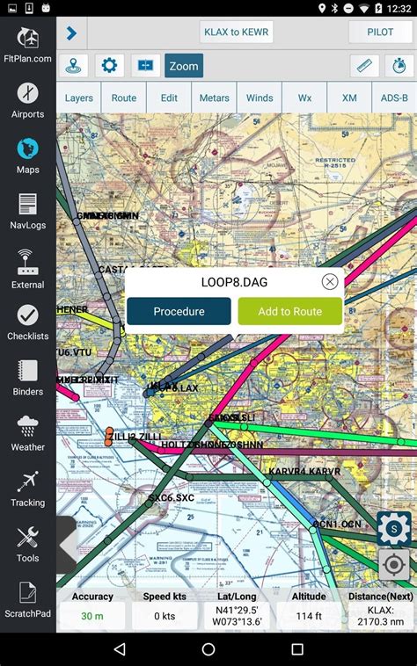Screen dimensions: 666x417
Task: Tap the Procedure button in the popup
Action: [x=179, y=311]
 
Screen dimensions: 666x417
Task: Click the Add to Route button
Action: [x=290, y=311]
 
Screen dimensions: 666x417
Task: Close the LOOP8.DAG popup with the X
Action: [x=330, y=282]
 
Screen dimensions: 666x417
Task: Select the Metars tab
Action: [x=214, y=98]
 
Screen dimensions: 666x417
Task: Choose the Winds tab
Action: [x=260, y=98]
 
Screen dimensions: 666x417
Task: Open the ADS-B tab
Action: [x=394, y=98]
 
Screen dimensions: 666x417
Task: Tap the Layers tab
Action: [x=79, y=98]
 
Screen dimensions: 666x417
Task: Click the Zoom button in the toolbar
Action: [x=184, y=66]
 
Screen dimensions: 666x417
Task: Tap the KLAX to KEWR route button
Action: [x=237, y=33]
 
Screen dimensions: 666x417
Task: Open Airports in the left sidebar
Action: [x=27, y=101]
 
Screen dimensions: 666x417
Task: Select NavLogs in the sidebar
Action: [x=27, y=212]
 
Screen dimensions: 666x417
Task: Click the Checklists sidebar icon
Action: [x=27, y=322]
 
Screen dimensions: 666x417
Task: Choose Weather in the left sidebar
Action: [x=27, y=433]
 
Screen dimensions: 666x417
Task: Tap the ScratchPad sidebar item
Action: [x=27, y=599]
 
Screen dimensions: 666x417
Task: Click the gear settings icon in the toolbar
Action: [x=109, y=66]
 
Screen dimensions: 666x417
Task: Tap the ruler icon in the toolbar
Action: [x=364, y=66]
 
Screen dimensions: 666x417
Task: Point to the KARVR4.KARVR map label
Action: [x=304, y=472]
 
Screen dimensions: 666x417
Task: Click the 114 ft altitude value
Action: [x=309, y=617]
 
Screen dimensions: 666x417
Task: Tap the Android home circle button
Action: [x=208, y=649]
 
